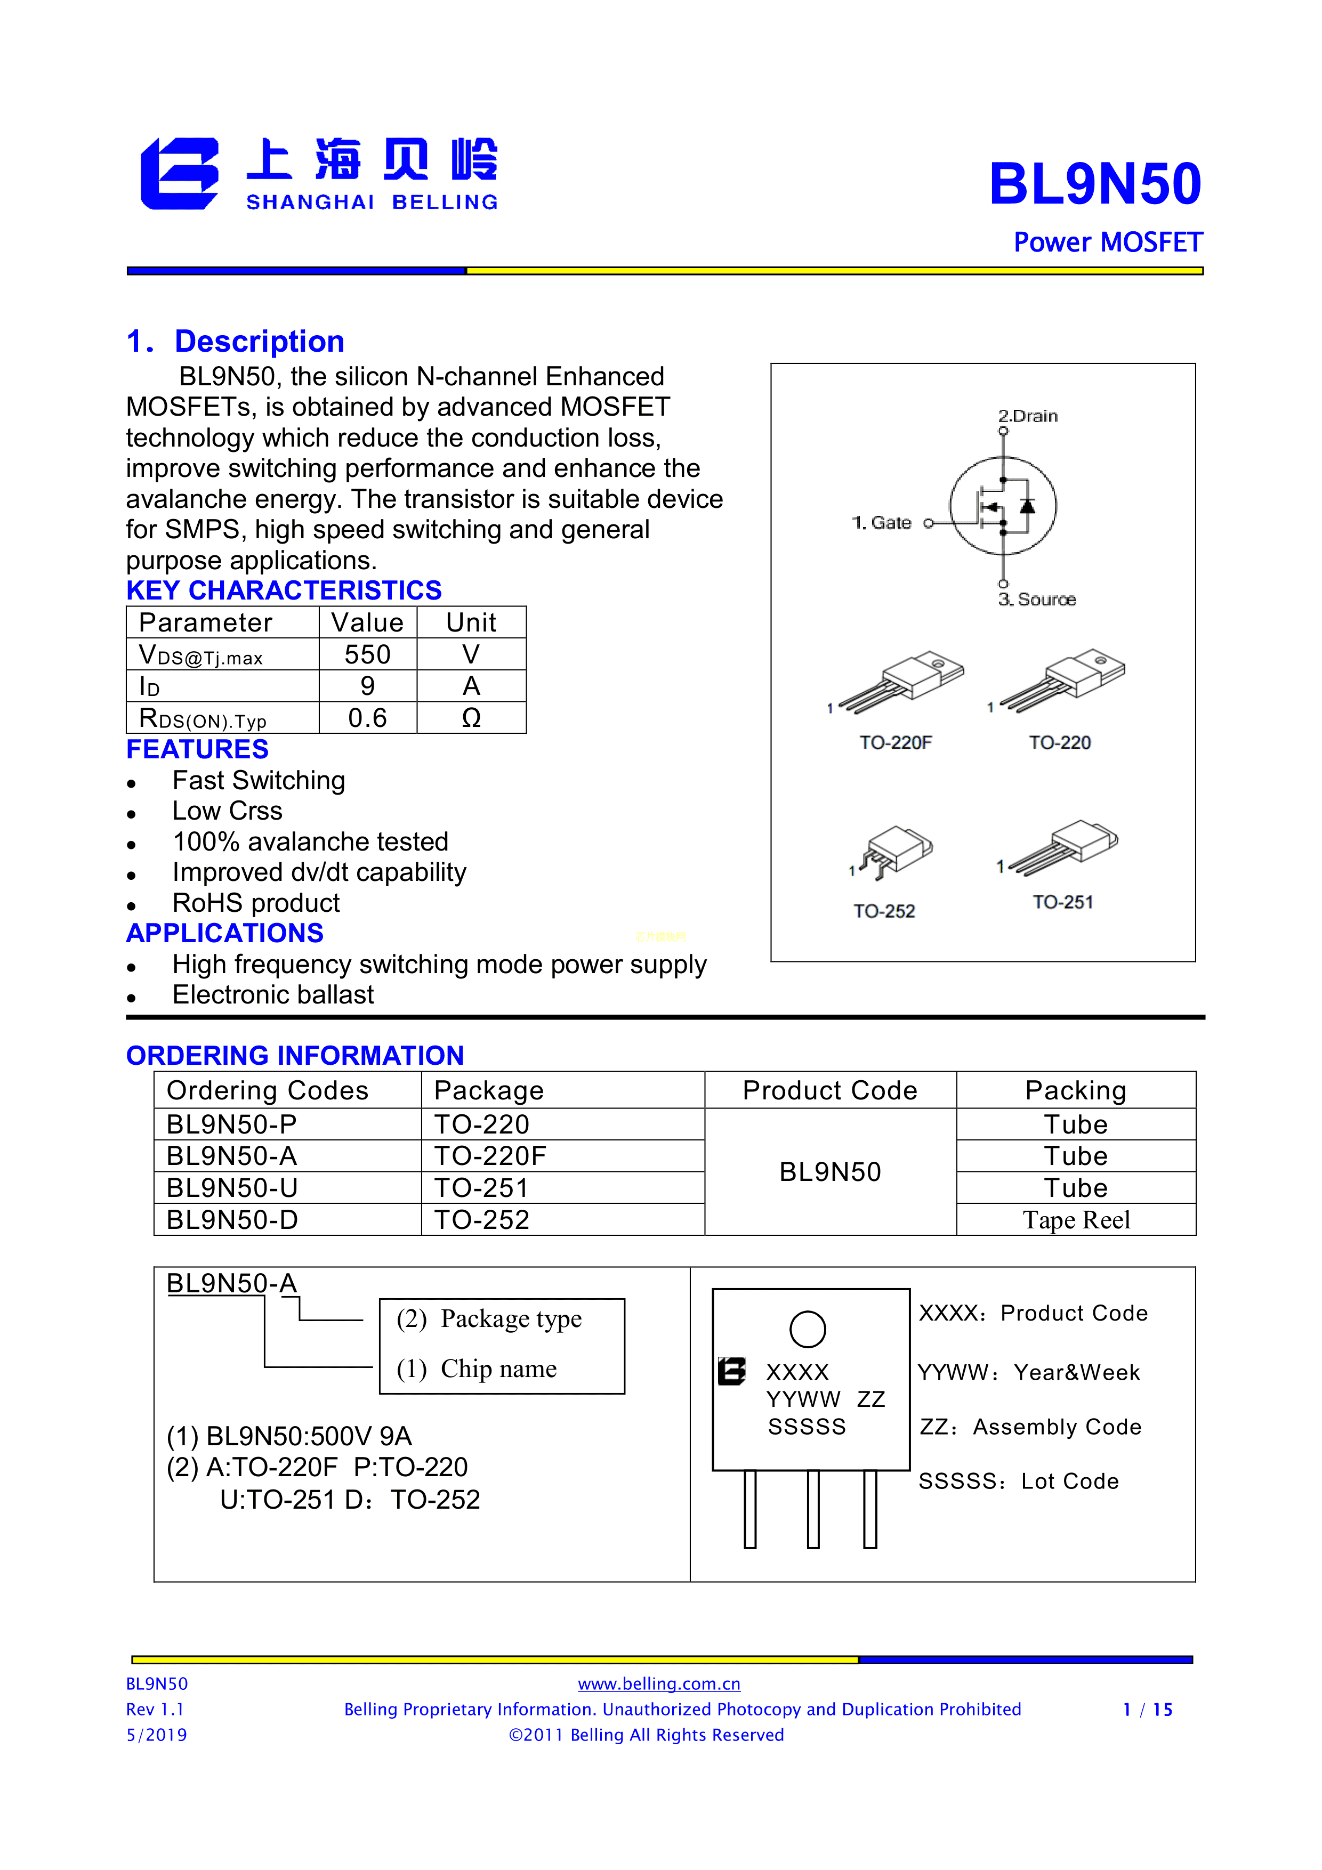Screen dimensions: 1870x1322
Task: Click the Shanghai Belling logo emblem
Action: [x=179, y=174]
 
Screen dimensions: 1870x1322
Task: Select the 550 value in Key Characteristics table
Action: [x=367, y=654]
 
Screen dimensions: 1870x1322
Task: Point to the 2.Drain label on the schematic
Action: [x=1028, y=416]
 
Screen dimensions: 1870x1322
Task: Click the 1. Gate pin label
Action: [x=881, y=523]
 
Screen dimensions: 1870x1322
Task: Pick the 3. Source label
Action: [x=1037, y=600]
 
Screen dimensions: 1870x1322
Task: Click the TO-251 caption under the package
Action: [x=1063, y=902]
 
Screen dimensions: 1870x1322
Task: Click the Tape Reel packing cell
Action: [x=1076, y=1220]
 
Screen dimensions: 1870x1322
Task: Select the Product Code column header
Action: [x=829, y=1090]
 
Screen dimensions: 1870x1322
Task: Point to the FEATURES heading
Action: [x=197, y=749]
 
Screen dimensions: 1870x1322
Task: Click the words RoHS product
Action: [x=256, y=903]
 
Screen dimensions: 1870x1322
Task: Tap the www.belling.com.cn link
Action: [x=659, y=1683]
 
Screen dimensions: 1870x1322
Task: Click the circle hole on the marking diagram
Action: [x=807, y=1329]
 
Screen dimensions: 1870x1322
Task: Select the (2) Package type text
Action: [x=489, y=1318]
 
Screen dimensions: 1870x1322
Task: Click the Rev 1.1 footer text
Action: [x=155, y=1710]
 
